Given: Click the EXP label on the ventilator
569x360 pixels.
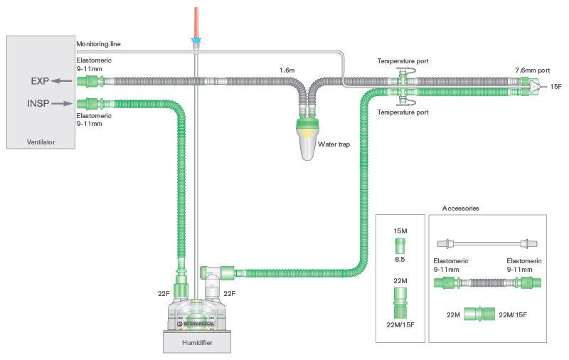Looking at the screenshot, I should point(39,80).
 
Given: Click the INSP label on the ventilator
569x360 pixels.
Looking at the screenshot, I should point(38,103).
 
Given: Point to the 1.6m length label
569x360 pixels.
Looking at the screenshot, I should point(287,70).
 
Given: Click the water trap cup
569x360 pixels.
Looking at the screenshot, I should point(310,142).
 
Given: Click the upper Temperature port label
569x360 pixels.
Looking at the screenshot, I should point(402,61).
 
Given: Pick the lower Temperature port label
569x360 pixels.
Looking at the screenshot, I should point(402,112).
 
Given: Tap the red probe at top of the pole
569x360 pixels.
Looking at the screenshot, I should point(195,20).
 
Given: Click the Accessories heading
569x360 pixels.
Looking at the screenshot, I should point(460,208).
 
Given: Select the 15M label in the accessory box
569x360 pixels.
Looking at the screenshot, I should point(400,231).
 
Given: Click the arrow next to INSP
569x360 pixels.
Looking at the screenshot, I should point(63,103).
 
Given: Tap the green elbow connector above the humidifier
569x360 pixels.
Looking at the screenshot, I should point(214,273).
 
